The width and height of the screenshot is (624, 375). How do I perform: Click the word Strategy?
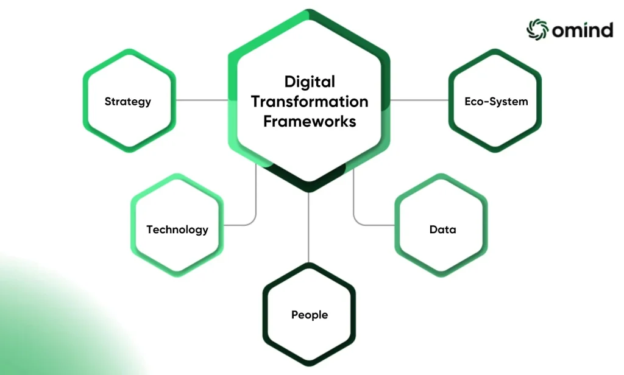pos(128,102)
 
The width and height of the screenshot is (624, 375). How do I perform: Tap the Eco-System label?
pos(496,102)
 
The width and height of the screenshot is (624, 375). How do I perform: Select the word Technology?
pos(177,230)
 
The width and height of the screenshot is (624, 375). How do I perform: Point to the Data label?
pos(442,230)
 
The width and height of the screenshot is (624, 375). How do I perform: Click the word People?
pos(310,315)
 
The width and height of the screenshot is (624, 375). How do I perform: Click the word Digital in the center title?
pos(310,82)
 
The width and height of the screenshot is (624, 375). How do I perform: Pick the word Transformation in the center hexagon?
pos(310,102)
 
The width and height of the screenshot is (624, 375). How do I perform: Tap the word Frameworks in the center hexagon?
pos(310,121)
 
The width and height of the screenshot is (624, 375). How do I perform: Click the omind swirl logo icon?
pos(537,29)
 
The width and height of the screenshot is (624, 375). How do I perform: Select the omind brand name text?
pos(583,30)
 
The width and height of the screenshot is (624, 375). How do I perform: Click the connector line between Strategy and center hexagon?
pos(202,100)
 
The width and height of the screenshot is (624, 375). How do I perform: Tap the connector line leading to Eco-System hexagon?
pos(419,100)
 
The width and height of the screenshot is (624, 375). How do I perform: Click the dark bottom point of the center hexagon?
pos(309,190)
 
